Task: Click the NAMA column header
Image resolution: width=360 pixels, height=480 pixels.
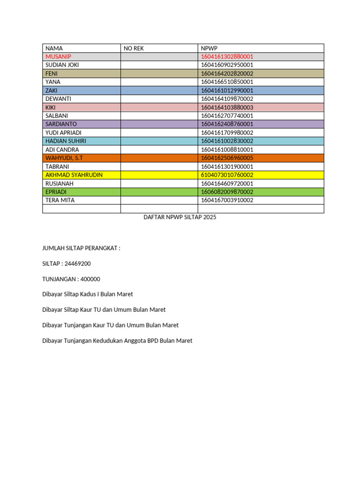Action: pos(54,48)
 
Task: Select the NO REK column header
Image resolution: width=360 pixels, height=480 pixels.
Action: pos(134,48)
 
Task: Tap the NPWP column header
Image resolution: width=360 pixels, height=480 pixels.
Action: pos(209,48)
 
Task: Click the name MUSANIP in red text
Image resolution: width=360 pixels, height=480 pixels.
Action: pos(59,57)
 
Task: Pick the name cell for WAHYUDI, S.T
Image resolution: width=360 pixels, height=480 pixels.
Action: pos(64,158)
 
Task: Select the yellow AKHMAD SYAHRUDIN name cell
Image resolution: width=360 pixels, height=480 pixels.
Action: pos(74,175)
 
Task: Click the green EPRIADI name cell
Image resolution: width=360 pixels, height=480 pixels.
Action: pos(56,192)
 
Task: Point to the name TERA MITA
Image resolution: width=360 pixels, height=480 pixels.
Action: pos(60,200)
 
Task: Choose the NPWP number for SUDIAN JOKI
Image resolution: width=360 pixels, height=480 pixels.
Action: pos(227,65)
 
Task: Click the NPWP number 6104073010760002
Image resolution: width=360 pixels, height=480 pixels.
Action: pos(227,175)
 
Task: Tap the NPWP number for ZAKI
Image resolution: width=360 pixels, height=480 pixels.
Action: pos(227,90)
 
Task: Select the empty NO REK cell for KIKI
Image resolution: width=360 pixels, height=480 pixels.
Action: pos(159,107)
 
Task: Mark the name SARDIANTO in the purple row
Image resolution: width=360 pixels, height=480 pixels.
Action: pos(61,124)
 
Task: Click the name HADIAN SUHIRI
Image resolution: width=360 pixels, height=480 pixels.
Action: pos(66,141)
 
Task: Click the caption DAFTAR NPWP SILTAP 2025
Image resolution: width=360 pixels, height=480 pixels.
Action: pos(180,217)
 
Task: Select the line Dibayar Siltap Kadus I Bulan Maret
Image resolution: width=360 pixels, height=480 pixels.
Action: pos(88,294)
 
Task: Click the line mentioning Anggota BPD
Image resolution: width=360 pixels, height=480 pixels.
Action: pos(117,341)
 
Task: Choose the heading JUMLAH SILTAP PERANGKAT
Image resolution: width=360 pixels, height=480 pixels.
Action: pos(81,248)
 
